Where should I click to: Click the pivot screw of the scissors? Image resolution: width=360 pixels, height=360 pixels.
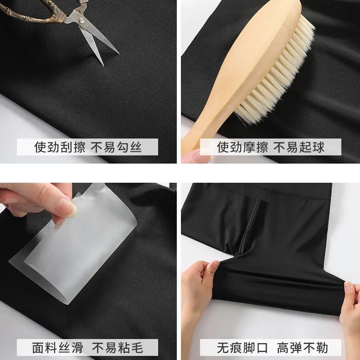[81, 21]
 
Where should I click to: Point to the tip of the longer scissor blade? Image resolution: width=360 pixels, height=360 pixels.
[119, 54]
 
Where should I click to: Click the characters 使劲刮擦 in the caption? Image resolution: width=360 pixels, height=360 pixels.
[60, 147]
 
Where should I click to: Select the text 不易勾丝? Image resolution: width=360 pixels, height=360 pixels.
[116, 147]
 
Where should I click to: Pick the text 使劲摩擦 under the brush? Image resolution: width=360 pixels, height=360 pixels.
[242, 147]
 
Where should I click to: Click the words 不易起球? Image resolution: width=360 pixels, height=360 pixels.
[299, 147]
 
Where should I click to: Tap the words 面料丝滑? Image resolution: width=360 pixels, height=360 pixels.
[57, 348]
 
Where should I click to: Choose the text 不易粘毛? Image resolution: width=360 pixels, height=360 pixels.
[118, 348]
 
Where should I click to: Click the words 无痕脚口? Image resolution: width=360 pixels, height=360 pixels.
[242, 348]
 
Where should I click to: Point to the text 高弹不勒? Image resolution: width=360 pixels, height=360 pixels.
[303, 348]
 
